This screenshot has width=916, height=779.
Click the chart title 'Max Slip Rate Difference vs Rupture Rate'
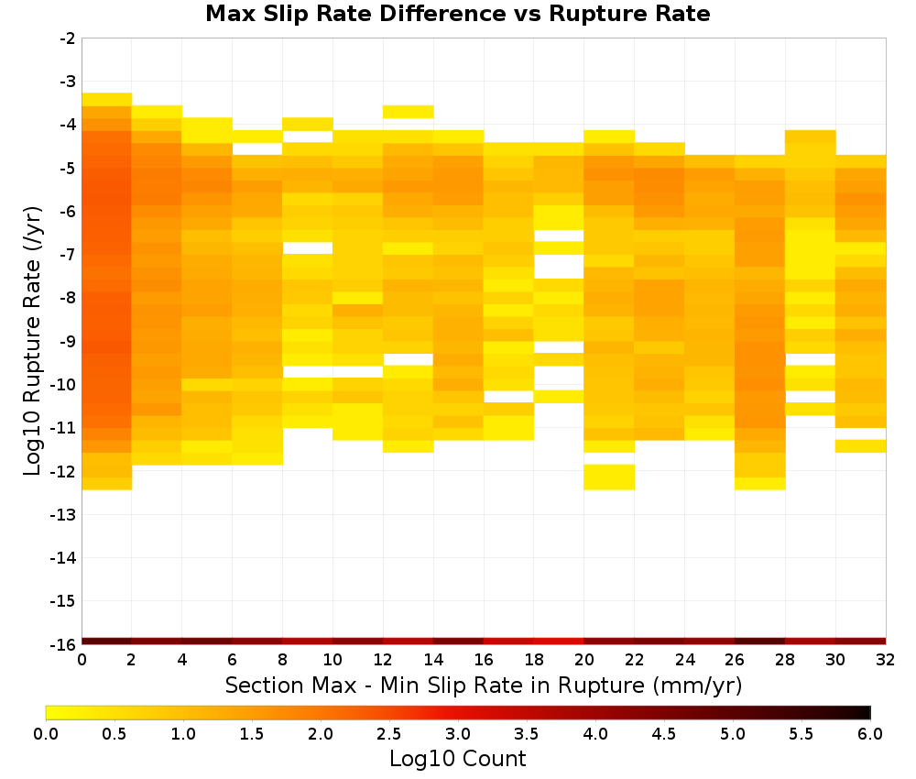(x=457, y=14)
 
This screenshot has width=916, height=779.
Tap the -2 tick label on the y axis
(x=68, y=38)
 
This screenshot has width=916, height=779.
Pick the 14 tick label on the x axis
(x=433, y=660)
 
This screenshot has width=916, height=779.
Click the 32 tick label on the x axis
(x=886, y=660)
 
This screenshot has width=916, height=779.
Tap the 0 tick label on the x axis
(x=82, y=660)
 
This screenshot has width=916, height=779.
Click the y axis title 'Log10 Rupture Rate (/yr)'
(x=33, y=341)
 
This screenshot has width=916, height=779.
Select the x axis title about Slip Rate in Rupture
(x=484, y=685)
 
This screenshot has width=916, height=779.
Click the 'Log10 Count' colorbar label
(x=457, y=759)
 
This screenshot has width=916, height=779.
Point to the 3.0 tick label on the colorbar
(x=458, y=734)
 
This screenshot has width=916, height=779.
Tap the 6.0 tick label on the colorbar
(x=870, y=734)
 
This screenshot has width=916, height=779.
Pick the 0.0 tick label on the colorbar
(x=46, y=734)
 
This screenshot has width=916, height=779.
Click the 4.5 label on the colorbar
(x=664, y=734)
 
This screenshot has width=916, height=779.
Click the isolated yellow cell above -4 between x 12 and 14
(x=409, y=112)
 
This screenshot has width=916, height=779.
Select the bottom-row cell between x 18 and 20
(x=559, y=642)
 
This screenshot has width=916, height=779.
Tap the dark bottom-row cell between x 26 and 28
(x=760, y=642)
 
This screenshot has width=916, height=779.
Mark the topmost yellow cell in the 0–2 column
(x=107, y=99)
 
